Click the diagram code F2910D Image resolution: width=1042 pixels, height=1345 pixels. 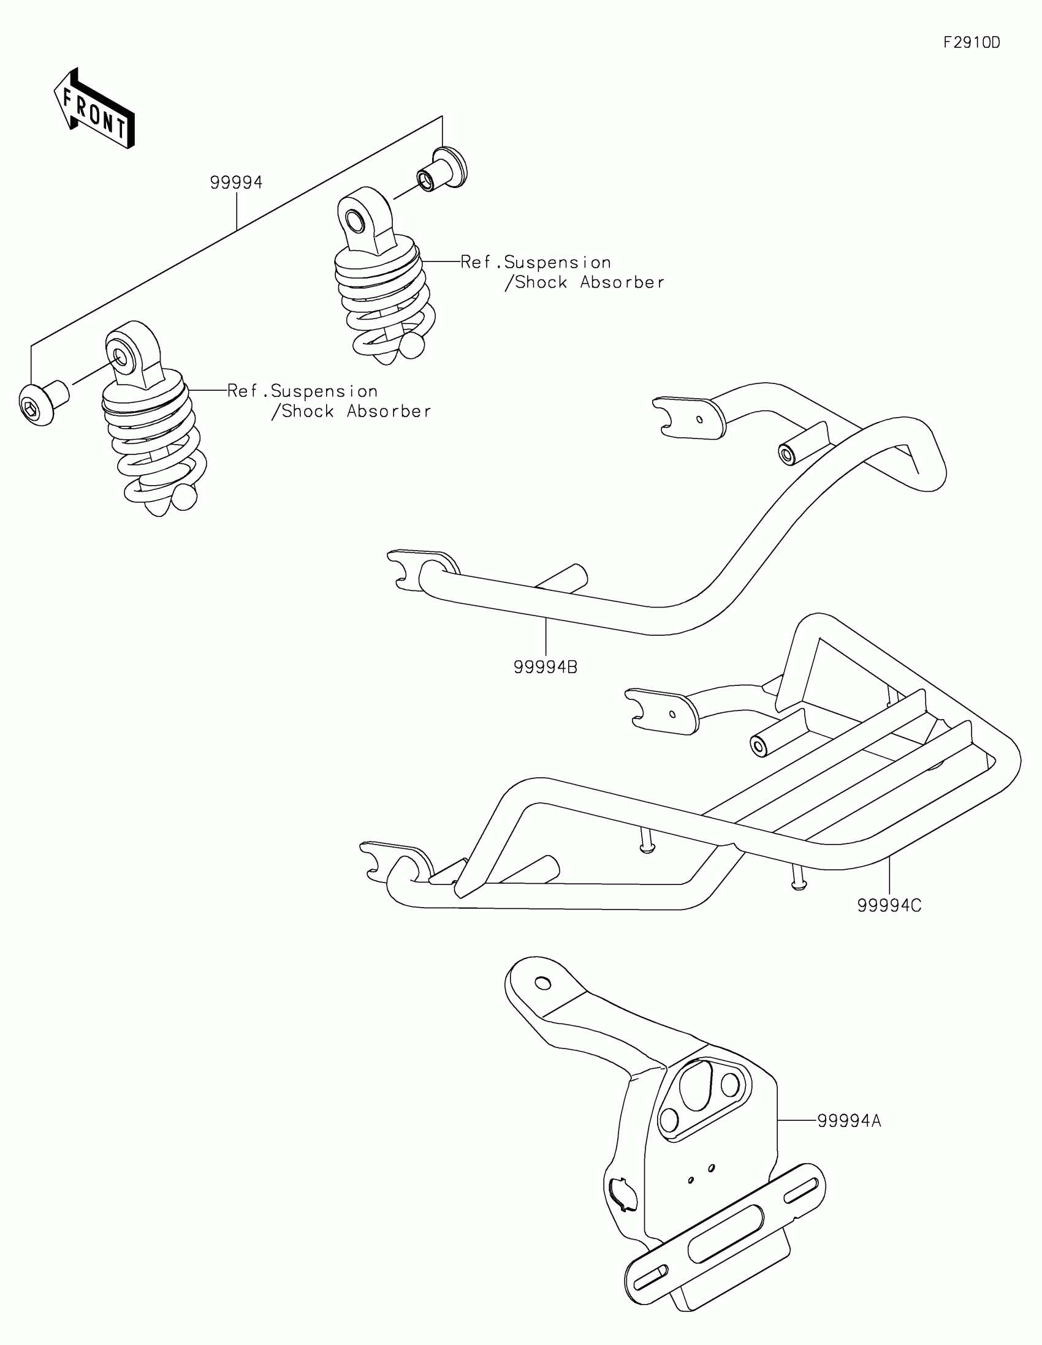(972, 42)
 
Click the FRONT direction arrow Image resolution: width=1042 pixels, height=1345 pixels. (94, 110)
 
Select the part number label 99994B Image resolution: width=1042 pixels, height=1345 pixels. (546, 667)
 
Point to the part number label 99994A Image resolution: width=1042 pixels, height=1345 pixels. (849, 1121)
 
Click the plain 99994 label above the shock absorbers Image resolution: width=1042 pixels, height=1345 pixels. (236, 183)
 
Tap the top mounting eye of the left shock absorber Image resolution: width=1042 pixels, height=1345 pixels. (120, 355)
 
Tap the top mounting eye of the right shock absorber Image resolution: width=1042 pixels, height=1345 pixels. (356, 219)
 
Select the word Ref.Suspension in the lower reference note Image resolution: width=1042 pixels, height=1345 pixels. (303, 391)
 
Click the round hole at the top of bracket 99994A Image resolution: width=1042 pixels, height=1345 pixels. (543, 982)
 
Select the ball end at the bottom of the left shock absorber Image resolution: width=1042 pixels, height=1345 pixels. (184, 497)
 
